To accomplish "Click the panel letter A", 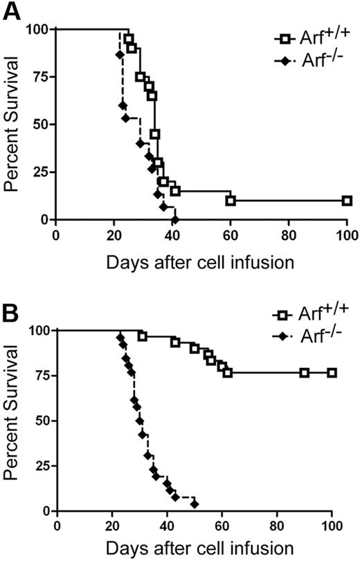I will pyautogui.click(x=12, y=12).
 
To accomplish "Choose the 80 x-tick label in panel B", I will pyautogui.click(x=277, y=525).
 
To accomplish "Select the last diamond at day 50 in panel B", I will pyautogui.click(x=195, y=504).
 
